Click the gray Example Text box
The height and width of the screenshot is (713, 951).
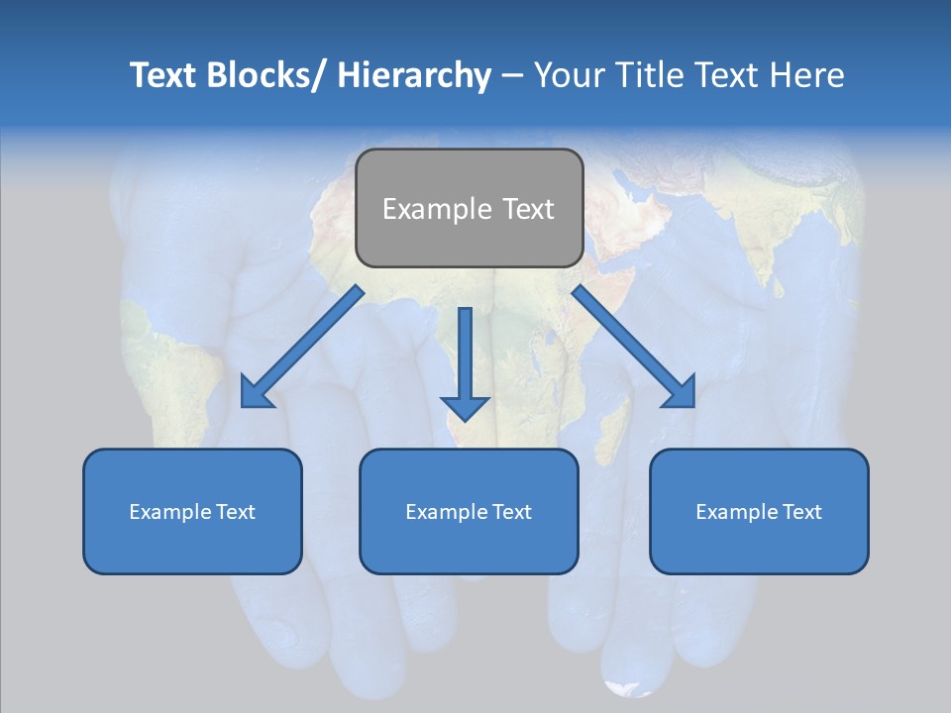point(469,208)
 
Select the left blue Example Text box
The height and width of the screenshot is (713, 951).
point(192,511)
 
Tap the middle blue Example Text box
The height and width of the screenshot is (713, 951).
point(469,511)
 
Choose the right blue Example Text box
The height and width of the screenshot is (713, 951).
point(759,511)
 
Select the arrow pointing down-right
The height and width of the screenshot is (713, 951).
point(634,347)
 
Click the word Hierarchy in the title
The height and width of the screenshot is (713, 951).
point(414,75)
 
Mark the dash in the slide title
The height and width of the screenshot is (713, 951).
point(511,75)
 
